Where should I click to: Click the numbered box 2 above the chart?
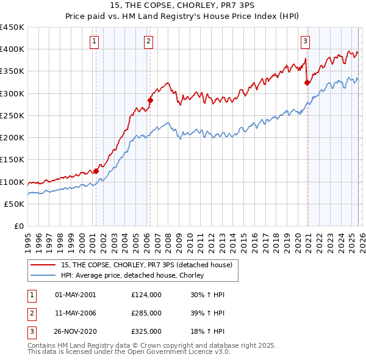[149, 41]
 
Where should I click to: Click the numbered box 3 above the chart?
[305, 41]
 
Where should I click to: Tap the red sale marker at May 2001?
[96, 171]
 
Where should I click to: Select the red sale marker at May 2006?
[150, 100]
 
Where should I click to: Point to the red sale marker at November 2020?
[307, 82]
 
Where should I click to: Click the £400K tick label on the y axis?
[12, 49]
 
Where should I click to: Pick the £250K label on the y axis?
[12, 115]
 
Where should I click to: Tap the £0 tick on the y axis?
[18, 226]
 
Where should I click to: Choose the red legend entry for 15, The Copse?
[146, 265]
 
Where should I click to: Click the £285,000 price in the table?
[146, 313]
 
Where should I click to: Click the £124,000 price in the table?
[146, 295]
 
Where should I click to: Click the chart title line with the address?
[183, 5]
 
